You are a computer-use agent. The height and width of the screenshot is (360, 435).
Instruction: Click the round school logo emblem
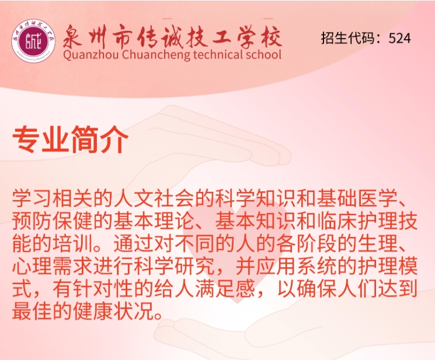click(33, 41)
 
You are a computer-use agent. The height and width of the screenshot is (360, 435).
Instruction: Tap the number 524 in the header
click(399, 38)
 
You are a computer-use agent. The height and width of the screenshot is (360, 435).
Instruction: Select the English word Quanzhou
click(91, 55)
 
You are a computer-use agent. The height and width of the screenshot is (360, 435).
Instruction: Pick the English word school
click(260, 54)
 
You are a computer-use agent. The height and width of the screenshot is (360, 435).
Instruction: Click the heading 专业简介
click(70, 139)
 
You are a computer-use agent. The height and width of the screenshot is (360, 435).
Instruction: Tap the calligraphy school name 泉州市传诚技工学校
click(172, 37)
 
